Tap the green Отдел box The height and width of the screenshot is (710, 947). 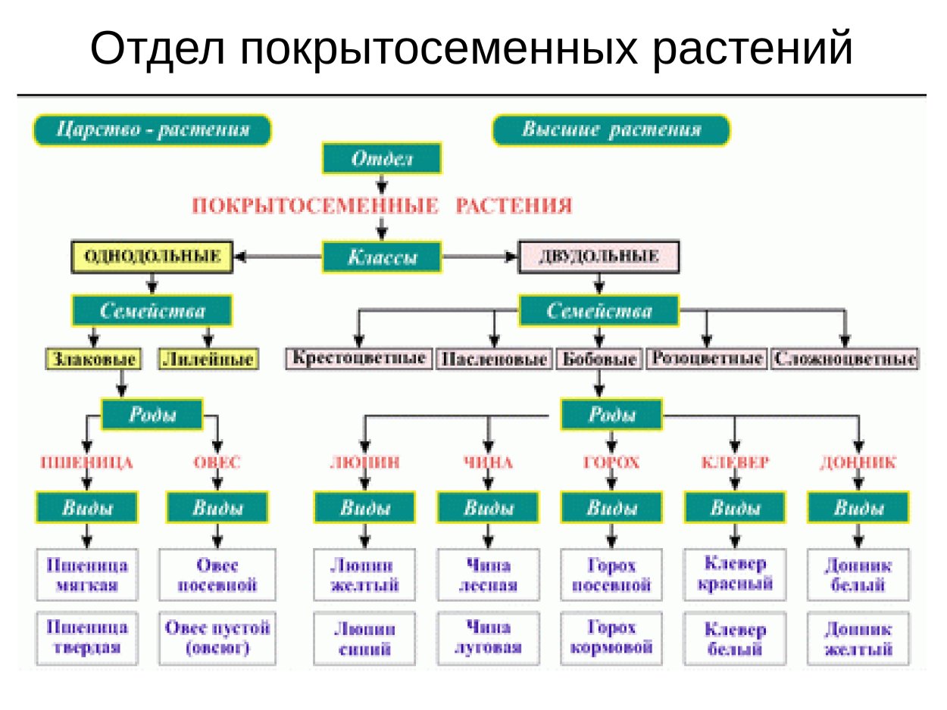pos(382,159)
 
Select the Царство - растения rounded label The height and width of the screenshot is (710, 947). pos(152,130)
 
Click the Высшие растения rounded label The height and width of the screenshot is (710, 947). pos(611,130)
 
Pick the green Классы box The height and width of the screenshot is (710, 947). pos(382,257)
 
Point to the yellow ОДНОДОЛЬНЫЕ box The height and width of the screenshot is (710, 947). pos(152,257)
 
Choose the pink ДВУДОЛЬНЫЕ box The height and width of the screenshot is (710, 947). pos(599,257)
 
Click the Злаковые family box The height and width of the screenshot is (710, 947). pos(93,359)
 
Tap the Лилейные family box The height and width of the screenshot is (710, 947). pos(208,359)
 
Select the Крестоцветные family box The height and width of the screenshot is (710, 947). pos(358,358)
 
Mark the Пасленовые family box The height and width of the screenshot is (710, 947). pos(494,359)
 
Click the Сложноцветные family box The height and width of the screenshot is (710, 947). pos(844,358)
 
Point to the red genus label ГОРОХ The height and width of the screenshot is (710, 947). pos(611,462)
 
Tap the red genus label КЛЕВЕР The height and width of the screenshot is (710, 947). pos(734,462)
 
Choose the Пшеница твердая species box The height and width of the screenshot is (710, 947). pos(87,638)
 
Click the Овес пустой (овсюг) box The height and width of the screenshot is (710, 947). pos(217,638)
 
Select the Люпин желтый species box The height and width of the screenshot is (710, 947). pos(364,575)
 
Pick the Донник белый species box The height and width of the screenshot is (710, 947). pos(858,575)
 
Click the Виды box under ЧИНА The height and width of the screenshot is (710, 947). pos(488,508)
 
